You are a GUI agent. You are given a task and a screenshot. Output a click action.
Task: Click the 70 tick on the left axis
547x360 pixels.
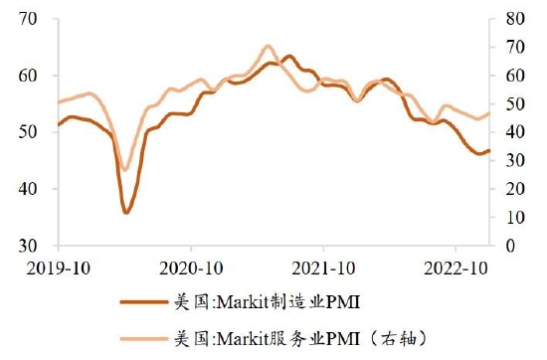tap(28, 19)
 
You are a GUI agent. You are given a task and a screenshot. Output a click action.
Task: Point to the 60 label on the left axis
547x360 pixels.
tap(28, 76)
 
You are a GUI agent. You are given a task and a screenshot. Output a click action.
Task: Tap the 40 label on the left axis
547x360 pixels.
tap(28, 189)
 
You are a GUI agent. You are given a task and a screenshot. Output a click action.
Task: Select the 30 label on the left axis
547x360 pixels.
tap(28, 246)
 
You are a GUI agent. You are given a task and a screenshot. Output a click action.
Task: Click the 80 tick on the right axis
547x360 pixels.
tap(515, 19)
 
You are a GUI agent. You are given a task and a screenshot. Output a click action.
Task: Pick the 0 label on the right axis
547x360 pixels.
tap(511, 246)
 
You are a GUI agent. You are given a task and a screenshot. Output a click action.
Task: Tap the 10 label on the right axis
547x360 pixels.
tap(515, 218)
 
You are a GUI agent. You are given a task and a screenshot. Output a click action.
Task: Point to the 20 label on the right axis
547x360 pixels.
tap(515, 189)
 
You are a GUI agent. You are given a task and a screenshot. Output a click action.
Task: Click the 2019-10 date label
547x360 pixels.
tap(59, 269)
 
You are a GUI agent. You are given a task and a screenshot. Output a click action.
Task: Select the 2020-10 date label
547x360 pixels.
tap(191, 269)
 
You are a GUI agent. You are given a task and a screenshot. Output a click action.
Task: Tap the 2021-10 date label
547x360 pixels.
tap(323, 269)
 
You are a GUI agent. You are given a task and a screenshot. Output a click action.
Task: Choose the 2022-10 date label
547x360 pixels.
tap(456, 269)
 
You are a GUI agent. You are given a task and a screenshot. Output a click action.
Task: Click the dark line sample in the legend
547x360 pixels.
tap(144, 302)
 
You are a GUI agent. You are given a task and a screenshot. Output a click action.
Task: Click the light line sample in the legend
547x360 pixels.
tap(144, 338)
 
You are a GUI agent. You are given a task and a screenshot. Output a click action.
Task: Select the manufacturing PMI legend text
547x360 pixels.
tap(267, 302)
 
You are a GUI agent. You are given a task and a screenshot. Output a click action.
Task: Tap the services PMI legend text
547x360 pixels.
tap(300, 338)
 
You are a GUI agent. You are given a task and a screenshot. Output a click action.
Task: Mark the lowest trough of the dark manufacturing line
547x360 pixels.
tap(126, 212)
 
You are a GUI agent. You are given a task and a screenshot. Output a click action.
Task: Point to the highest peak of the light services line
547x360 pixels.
tap(268, 46)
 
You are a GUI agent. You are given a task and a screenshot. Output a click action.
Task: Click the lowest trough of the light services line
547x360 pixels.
tap(125, 169)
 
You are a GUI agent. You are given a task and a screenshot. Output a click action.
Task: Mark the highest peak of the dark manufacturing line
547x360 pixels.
tap(289, 56)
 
